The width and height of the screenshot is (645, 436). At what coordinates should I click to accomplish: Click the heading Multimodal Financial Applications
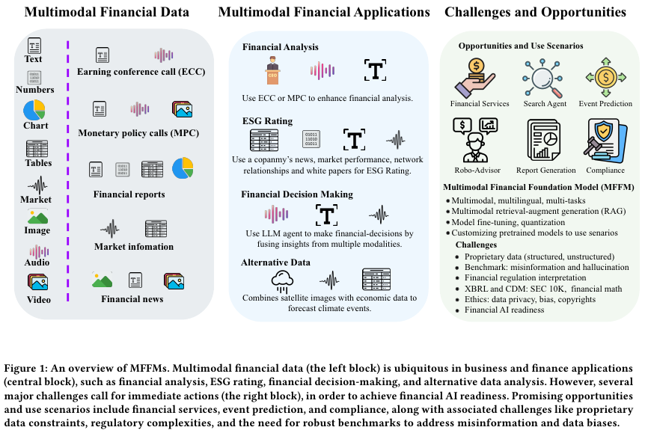pos(324,12)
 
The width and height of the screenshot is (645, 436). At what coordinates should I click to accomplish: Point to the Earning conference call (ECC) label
pos(141,72)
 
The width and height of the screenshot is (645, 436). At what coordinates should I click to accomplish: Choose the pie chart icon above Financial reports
pos(183,169)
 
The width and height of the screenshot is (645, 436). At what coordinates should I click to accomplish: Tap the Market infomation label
pos(134,246)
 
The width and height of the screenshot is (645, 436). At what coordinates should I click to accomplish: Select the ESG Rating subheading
pos(267,120)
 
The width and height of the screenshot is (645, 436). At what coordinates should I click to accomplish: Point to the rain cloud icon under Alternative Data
pos(284,280)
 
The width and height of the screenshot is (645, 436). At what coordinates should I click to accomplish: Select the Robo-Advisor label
pos(470,170)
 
